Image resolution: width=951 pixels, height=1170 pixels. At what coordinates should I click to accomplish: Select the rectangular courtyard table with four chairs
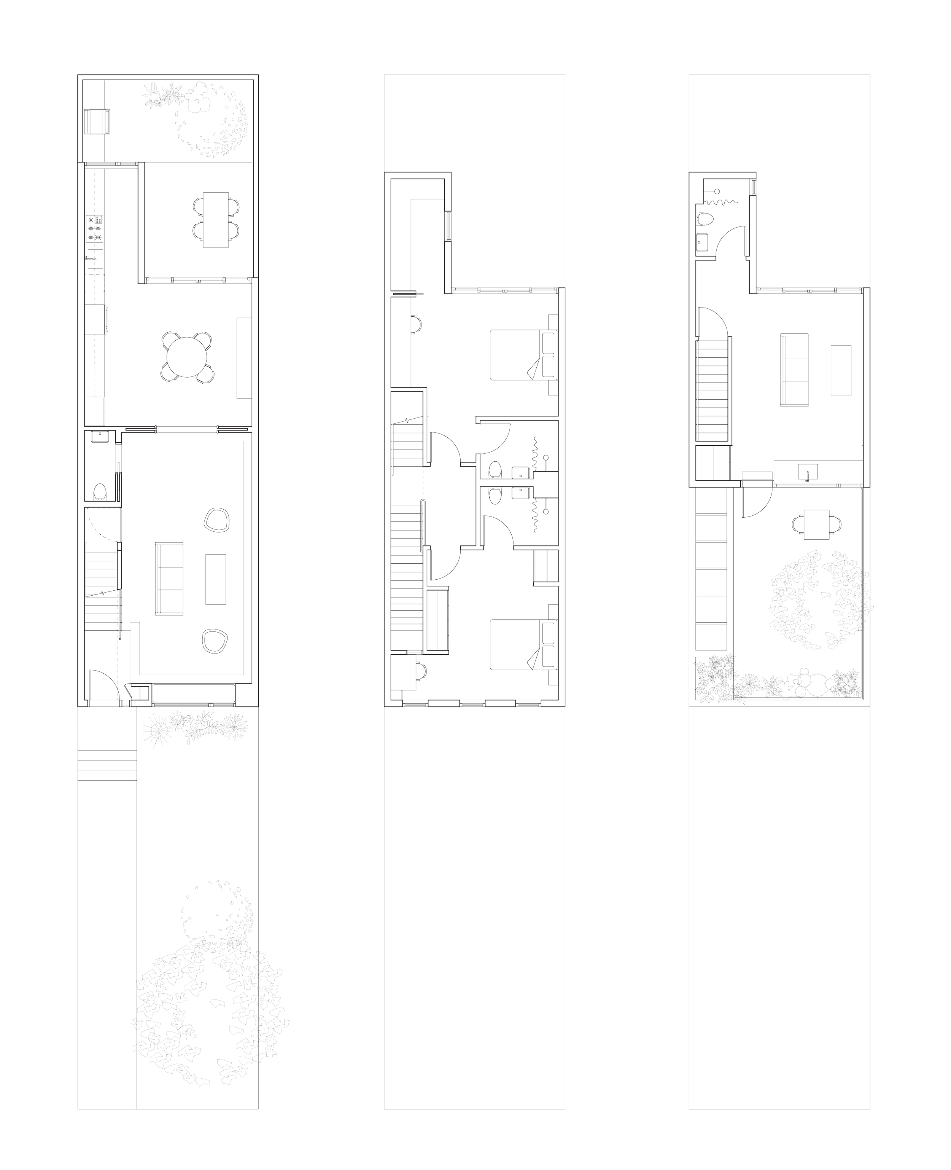click(x=216, y=219)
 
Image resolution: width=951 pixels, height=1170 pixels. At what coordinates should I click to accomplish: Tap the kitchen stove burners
click(x=94, y=230)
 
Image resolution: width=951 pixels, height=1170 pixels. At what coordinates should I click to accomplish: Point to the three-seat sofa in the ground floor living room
click(x=170, y=580)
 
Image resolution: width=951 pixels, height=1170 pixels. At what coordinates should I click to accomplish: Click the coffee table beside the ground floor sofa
click(x=216, y=579)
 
